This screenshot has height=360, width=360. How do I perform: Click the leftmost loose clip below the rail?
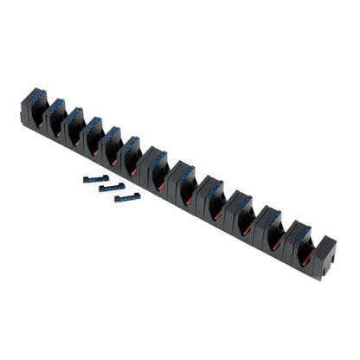[x=95, y=179]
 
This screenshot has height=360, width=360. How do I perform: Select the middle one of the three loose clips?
[x=111, y=187]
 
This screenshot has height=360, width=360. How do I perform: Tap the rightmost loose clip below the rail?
[x=127, y=197]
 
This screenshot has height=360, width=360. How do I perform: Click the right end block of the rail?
[x=323, y=258]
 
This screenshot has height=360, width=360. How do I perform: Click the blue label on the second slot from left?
[x=55, y=107]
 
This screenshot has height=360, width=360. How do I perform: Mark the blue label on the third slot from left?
[x=74, y=116]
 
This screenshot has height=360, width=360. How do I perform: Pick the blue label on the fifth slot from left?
[x=112, y=135]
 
